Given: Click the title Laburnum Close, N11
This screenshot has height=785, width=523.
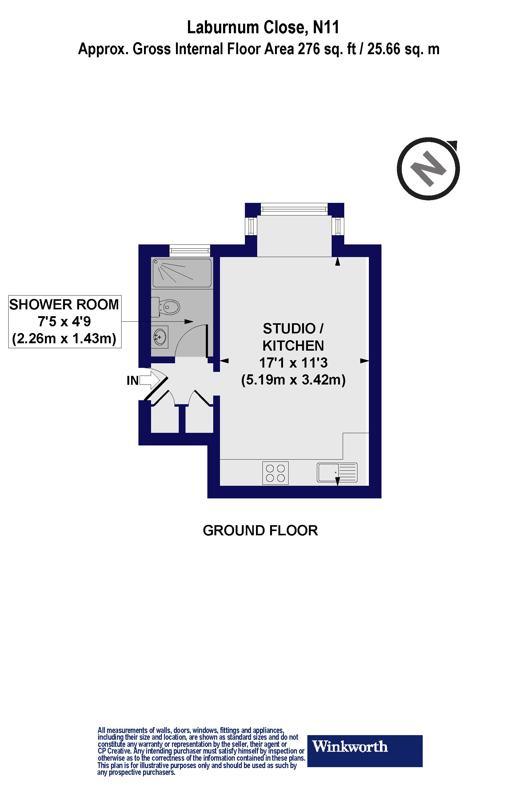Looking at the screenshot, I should pyautogui.click(x=263, y=27).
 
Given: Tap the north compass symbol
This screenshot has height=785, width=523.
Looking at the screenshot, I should pyautogui.click(x=428, y=169).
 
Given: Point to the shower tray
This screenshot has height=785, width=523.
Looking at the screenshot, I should pyautogui.click(x=182, y=273).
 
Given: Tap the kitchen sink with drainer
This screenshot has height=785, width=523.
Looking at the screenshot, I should pyautogui.click(x=337, y=472).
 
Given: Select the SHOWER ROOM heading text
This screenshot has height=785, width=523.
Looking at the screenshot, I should pyautogui.click(x=64, y=305).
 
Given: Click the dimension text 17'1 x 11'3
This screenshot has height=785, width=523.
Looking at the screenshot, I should pyautogui.click(x=293, y=362).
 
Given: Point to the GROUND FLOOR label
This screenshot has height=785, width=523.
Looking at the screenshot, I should pyautogui.click(x=260, y=530).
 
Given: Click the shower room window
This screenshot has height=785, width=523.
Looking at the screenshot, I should pyautogui.click(x=190, y=250).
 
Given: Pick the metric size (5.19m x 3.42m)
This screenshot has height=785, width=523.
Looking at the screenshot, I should pyautogui.click(x=293, y=380).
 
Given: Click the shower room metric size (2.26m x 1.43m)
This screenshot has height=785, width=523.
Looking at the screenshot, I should pyautogui.click(x=64, y=339).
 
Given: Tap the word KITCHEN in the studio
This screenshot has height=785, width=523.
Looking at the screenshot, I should pyautogui.click(x=293, y=346).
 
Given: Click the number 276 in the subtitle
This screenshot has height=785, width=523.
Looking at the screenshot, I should pyautogui.click(x=306, y=49).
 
